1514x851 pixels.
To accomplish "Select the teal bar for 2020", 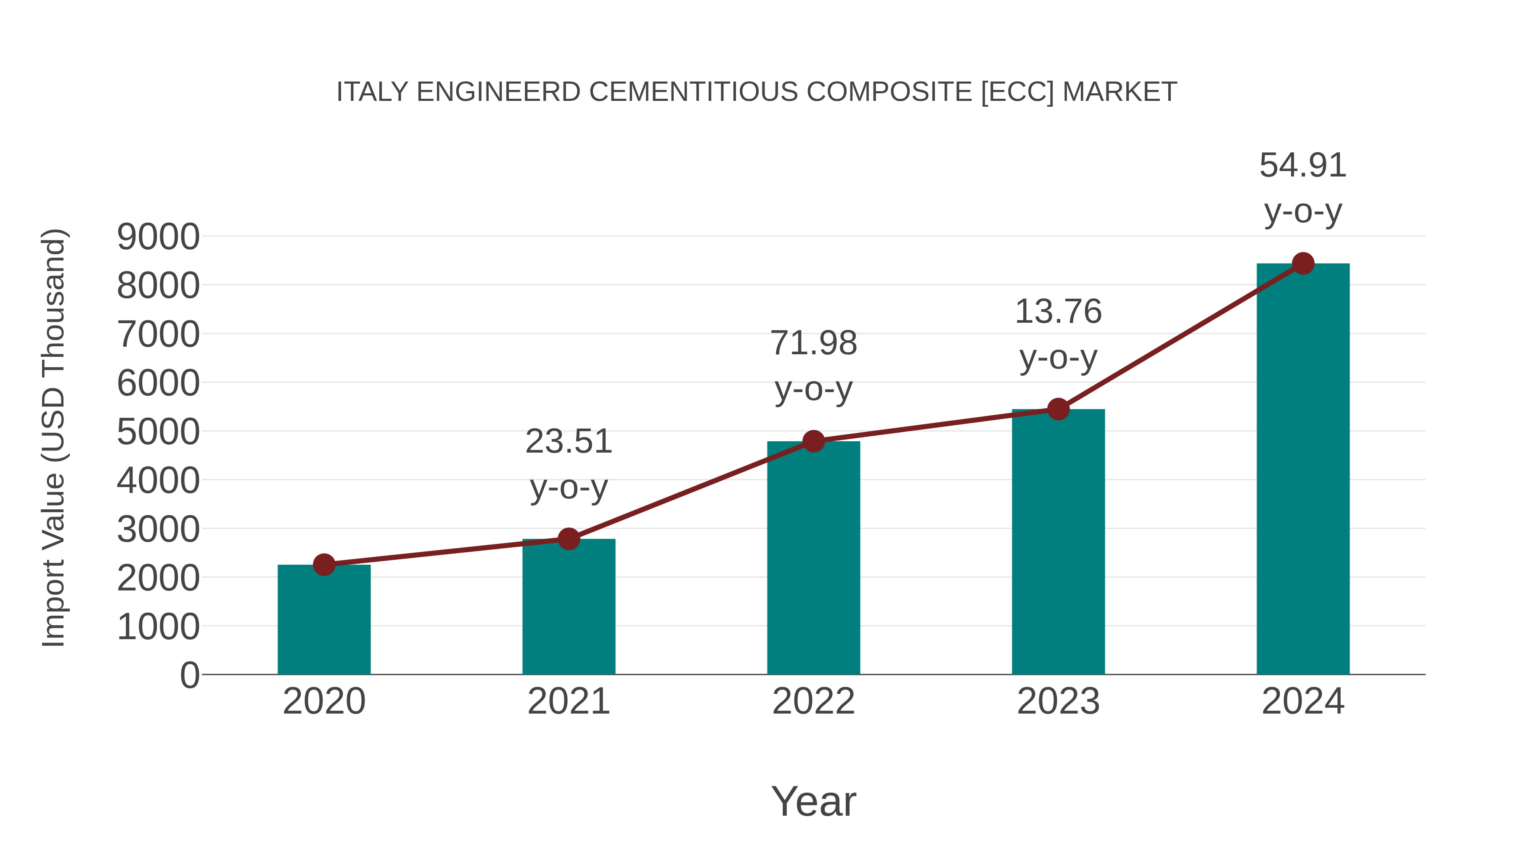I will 324,622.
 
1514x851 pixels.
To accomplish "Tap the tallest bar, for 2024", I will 1303,470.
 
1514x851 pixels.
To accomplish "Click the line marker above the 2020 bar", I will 324,565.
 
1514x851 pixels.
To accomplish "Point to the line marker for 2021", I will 568,539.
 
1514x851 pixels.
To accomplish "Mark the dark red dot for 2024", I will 1303,263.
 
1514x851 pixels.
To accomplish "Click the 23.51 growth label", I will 568,442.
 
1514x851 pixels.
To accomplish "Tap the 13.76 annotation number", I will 1058,311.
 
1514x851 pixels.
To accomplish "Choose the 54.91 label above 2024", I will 1303,165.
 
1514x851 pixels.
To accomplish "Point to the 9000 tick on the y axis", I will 158,237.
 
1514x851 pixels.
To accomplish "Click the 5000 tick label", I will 158,432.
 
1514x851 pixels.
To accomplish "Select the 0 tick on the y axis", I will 189,675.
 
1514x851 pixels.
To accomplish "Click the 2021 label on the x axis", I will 568,701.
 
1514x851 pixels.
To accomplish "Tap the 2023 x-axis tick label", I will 1058,701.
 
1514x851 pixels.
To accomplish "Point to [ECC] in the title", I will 1017,92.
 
